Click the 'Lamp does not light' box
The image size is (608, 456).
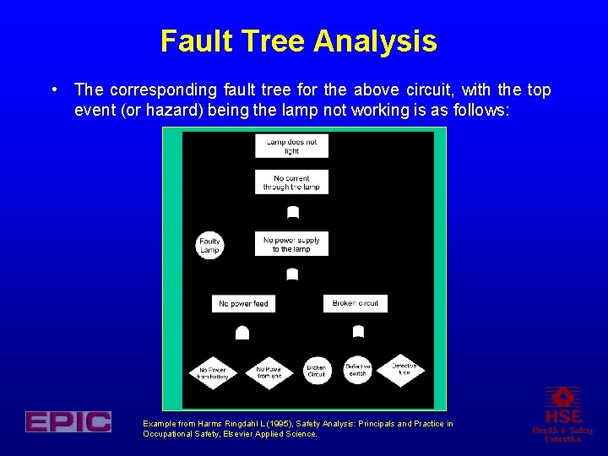click(x=291, y=146)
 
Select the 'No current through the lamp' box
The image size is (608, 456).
click(x=291, y=182)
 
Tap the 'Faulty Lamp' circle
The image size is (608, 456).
click(x=209, y=245)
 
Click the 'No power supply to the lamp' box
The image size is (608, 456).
click(x=291, y=244)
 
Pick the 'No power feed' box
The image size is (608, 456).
click(x=243, y=303)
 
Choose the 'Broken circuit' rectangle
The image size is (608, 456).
click(x=356, y=303)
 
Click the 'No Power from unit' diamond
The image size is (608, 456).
click(x=269, y=372)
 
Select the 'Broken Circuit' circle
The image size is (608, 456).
click(x=317, y=371)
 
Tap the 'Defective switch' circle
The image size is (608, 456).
click(x=358, y=369)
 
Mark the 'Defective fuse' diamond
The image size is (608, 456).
click(x=404, y=369)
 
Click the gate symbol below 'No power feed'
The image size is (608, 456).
click(x=242, y=333)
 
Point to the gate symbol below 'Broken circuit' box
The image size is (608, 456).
click(x=358, y=331)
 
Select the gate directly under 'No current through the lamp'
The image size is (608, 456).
click(x=293, y=211)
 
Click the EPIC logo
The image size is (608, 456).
click(x=68, y=421)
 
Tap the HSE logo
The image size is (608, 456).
click(x=563, y=414)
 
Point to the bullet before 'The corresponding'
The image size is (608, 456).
click(x=53, y=89)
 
